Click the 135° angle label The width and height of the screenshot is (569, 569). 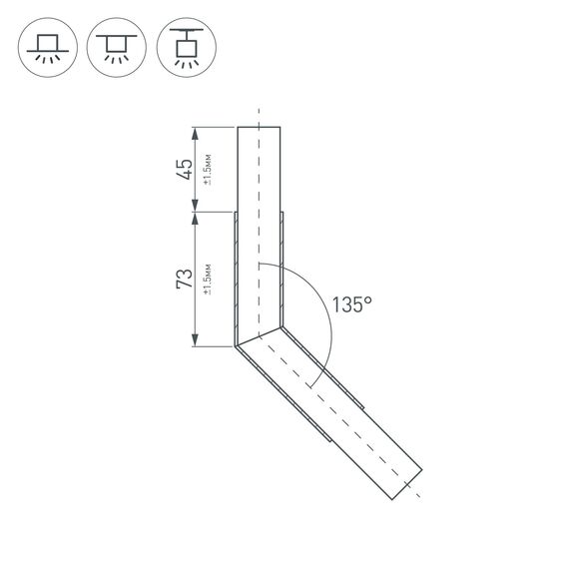(350, 304)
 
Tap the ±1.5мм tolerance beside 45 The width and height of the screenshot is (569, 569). (207, 169)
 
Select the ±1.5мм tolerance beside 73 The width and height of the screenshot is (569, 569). (207, 280)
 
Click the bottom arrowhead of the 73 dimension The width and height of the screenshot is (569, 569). (196, 342)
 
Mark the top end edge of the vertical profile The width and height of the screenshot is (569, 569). (259, 127)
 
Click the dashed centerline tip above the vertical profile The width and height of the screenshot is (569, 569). (259, 110)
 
